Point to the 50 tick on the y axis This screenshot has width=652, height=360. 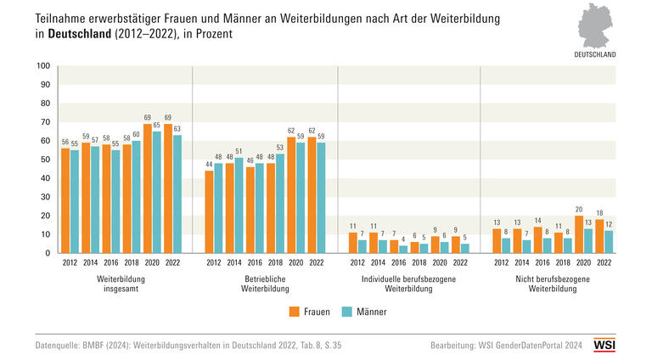point(47,160)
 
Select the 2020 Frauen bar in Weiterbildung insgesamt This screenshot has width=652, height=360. point(147,188)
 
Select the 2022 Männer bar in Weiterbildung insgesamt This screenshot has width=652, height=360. point(176,194)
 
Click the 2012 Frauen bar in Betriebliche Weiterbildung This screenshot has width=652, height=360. point(209,211)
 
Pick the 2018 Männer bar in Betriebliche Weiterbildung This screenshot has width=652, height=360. point(280,203)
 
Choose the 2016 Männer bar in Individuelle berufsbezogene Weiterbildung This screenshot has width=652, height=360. point(402,249)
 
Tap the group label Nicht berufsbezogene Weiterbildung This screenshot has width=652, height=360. point(552,283)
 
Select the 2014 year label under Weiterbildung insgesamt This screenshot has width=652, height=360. point(89,262)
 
